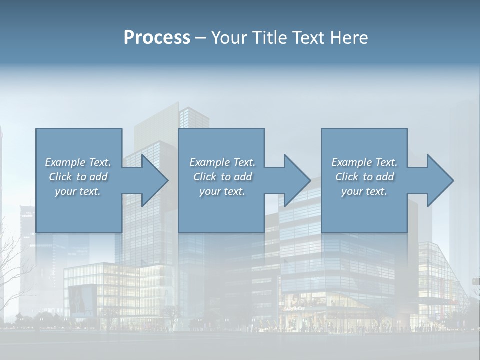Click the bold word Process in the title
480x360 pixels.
157,38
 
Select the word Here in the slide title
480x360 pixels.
349,38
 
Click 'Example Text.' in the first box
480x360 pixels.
78,162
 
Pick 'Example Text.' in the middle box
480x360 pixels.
222,162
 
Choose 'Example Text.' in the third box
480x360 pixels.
364,162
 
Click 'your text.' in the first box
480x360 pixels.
78,191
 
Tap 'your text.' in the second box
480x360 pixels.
222,191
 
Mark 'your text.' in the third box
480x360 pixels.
364,191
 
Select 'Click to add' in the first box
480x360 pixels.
78,177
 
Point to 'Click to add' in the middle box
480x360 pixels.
222,177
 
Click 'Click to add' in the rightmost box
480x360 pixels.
364,177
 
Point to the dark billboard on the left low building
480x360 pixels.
82,299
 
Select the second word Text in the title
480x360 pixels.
309,38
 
